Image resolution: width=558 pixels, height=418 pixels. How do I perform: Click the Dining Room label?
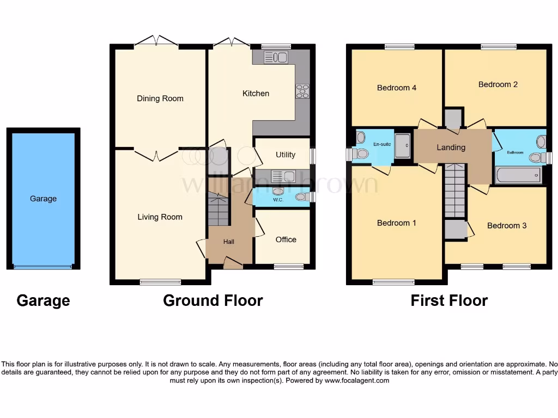click(160, 99)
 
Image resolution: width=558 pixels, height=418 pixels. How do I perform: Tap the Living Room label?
click(160, 217)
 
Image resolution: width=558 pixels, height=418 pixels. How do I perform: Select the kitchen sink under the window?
click(275, 57)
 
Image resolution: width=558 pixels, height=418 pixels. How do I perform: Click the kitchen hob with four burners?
click(302, 91)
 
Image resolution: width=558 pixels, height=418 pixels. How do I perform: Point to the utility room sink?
click(282, 176)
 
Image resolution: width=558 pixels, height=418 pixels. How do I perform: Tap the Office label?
click(286, 239)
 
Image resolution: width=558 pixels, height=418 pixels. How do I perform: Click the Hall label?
click(229, 242)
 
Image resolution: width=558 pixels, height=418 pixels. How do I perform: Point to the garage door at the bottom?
click(43, 267)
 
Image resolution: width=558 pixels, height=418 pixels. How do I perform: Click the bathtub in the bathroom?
click(518, 175)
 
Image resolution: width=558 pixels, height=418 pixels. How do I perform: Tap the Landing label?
click(451, 147)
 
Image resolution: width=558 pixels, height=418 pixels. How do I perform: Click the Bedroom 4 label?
click(397, 88)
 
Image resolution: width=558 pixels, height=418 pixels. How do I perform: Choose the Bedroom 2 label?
click(498, 84)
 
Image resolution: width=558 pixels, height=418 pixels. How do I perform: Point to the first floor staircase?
click(454, 190)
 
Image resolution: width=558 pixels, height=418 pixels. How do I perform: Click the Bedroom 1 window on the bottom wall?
click(393, 282)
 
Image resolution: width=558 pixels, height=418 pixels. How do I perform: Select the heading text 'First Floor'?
click(449, 300)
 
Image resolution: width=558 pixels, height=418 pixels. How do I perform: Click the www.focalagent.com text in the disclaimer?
click(357, 381)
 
